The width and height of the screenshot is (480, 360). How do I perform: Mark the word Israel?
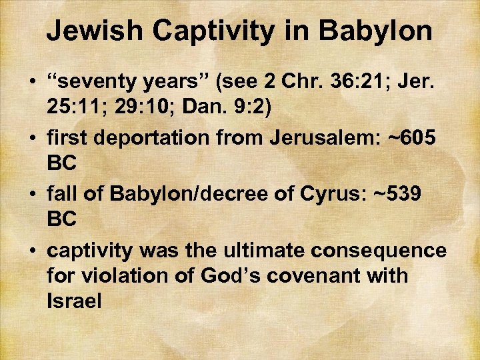coord(74,301)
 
